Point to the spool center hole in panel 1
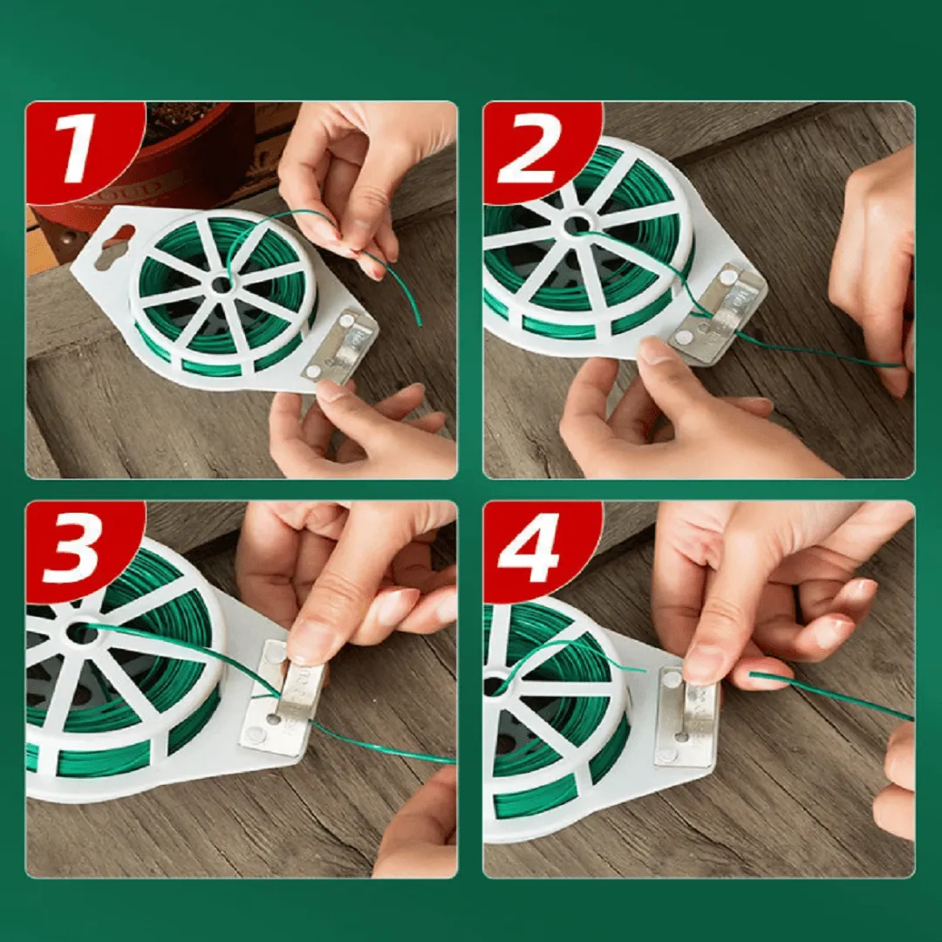[222, 284]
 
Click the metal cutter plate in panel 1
[340, 346]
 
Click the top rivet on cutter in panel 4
[671, 679]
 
